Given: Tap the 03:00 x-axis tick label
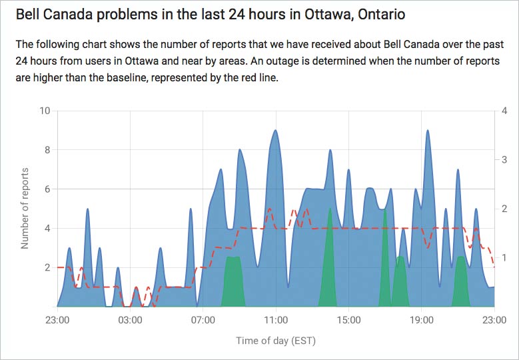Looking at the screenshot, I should (130, 320).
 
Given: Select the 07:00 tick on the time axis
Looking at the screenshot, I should (203, 320).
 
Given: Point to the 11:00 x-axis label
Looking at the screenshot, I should (275, 320).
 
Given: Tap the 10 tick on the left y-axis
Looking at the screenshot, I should (45, 111).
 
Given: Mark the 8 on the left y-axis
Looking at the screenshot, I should (47, 150).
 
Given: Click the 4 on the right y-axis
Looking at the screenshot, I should (506, 111).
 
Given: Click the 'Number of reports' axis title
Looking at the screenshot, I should (25, 209).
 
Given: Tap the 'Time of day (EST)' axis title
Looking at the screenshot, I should (275, 341).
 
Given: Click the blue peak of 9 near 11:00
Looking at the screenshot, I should (275, 131).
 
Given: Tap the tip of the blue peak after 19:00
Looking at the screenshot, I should (427, 131).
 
